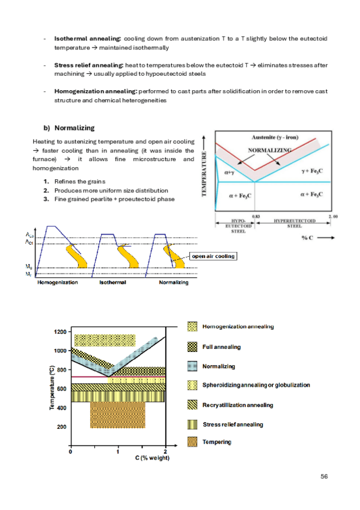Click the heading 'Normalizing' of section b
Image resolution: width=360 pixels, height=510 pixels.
pyautogui.click(x=75, y=128)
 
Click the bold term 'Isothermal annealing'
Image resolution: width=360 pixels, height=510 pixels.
pyautogui.click(x=87, y=38)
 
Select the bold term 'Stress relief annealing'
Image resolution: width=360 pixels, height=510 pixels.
pyautogui.click(x=89, y=65)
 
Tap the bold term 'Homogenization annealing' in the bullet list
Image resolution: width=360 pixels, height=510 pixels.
pyautogui.click(x=95, y=91)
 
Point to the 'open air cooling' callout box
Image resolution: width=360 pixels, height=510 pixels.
pyautogui.click(x=213, y=256)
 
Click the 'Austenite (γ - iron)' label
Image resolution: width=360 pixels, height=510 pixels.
pyautogui.click(x=275, y=137)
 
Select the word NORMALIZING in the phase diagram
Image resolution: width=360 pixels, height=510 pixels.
pyautogui.click(x=270, y=150)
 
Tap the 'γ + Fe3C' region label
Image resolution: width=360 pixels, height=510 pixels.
pyautogui.click(x=313, y=171)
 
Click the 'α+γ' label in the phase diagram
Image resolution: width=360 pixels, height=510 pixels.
pyautogui.click(x=230, y=173)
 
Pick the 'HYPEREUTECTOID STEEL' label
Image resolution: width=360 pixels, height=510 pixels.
pyautogui.click(x=294, y=223)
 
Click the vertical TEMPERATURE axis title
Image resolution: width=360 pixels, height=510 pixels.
pyautogui.click(x=204, y=174)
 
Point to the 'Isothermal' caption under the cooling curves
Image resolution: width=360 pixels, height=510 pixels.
pyautogui.click(x=112, y=282)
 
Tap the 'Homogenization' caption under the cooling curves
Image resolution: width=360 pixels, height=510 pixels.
pyautogui.click(x=58, y=282)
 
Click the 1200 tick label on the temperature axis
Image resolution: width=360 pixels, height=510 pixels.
pyautogui.click(x=60, y=332)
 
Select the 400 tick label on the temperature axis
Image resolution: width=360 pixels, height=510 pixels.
pyautogui.click(x=62, y=408)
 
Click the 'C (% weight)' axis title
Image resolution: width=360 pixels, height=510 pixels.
pyautogui.click(x=153, y=458)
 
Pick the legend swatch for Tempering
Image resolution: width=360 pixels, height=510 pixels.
pyautogui.click(x=192, y=441)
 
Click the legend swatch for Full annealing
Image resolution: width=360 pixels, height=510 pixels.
pyautogui.click(x=192, y=347)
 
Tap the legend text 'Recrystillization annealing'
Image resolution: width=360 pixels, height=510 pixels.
pyautogui.click(x=238, y=405)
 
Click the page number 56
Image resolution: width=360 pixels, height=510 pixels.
pyautogui.click(x=324, y=476)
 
